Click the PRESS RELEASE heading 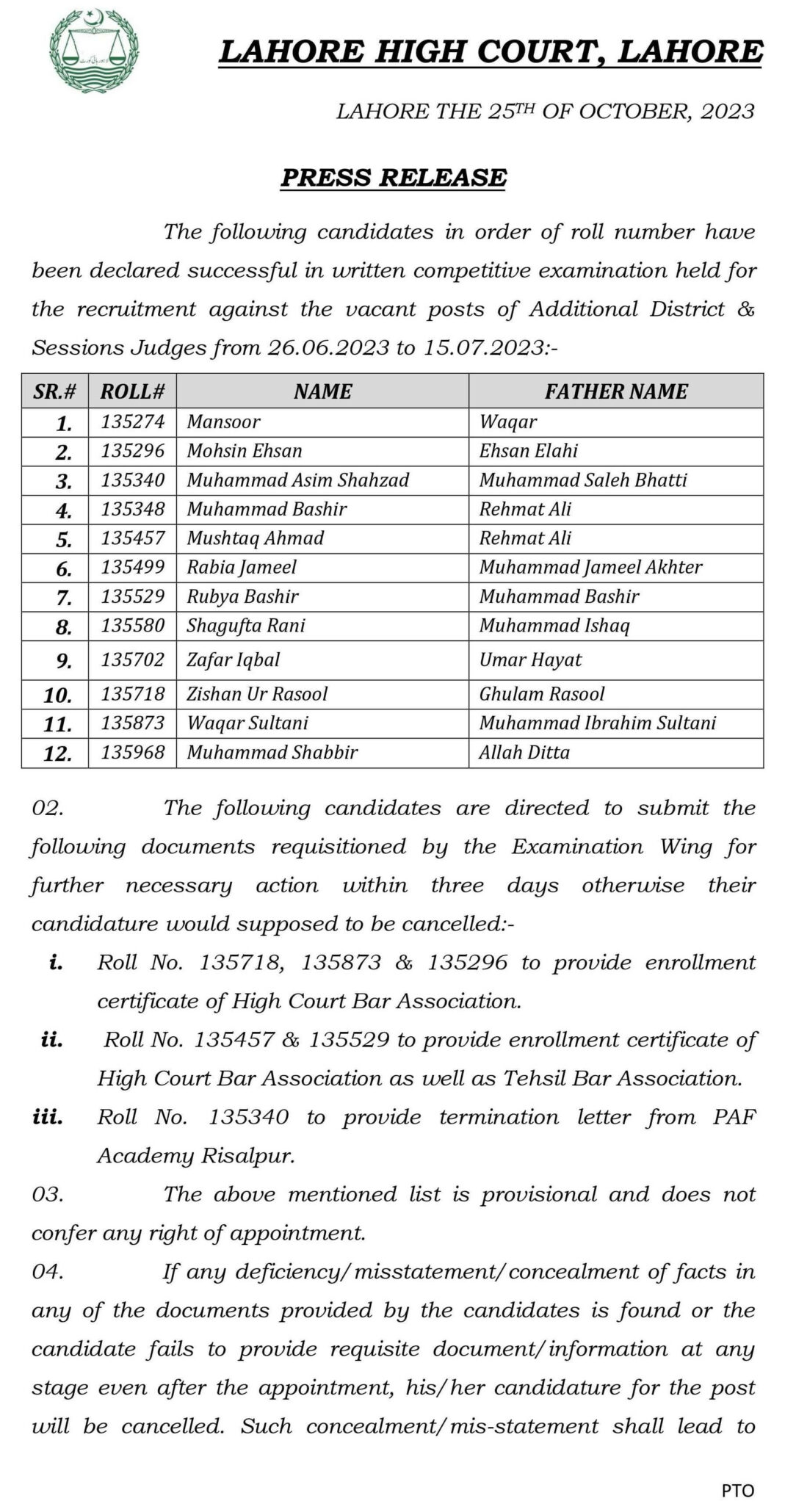coord(394,178)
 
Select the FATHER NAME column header coord(615,391)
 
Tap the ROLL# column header coord(132,391)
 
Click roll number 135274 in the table coord(133,422)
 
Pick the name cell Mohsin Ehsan coord(245,451)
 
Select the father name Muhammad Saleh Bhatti coord(583,480)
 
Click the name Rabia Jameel coord(242,567)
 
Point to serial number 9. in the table coord(64,662)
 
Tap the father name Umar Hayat coord(530,660)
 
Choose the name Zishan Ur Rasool coord(257,694)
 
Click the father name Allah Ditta coord(524,753)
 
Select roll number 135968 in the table coord(133,753)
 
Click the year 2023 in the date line coord(728,112)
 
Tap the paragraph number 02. coord(48,809)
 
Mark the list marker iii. coord(48,1118)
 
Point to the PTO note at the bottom coord(737,1485)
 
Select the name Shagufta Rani coord(246,626)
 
